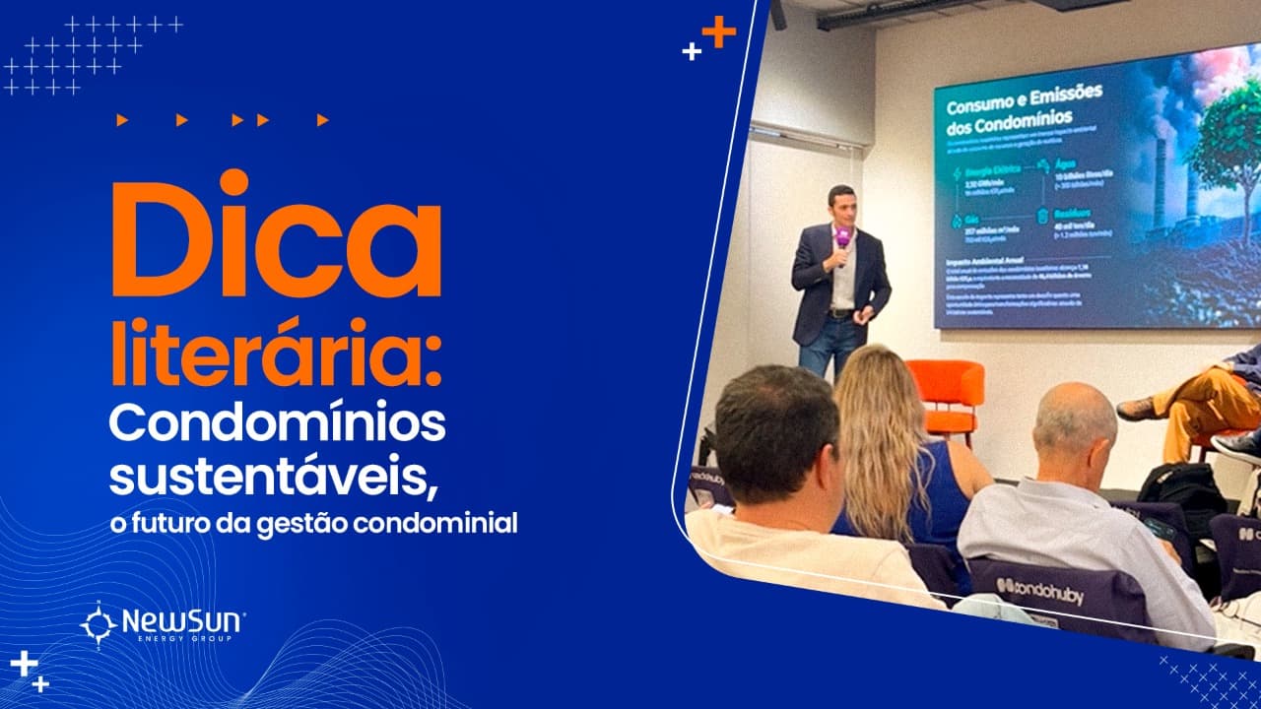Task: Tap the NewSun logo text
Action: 182,621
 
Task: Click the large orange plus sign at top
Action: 718,32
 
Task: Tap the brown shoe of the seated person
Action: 1136,407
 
